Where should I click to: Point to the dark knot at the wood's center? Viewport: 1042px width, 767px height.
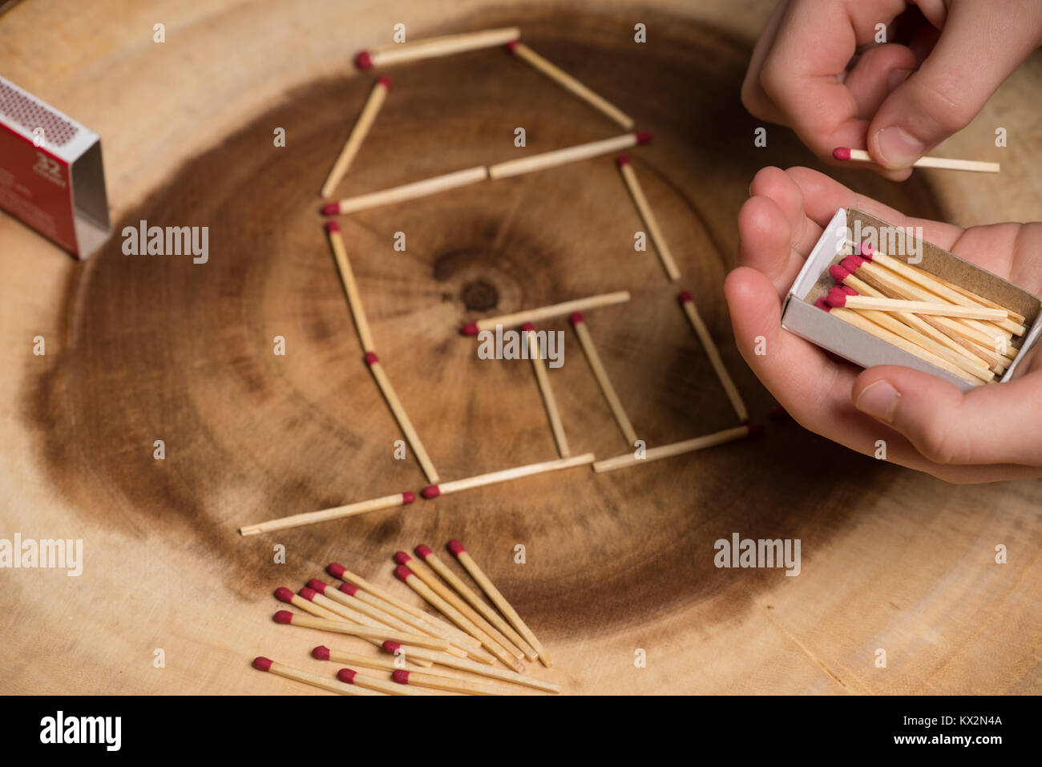[479, 295]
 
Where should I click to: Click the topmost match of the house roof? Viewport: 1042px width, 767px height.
[439, 46]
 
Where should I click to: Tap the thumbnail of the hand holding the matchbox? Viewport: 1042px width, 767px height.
[878, 400]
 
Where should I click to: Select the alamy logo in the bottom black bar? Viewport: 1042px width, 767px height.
[80, 731]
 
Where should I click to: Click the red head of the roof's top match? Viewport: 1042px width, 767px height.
[364, 60]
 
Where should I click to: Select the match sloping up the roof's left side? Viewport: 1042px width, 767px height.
[356, 137]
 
